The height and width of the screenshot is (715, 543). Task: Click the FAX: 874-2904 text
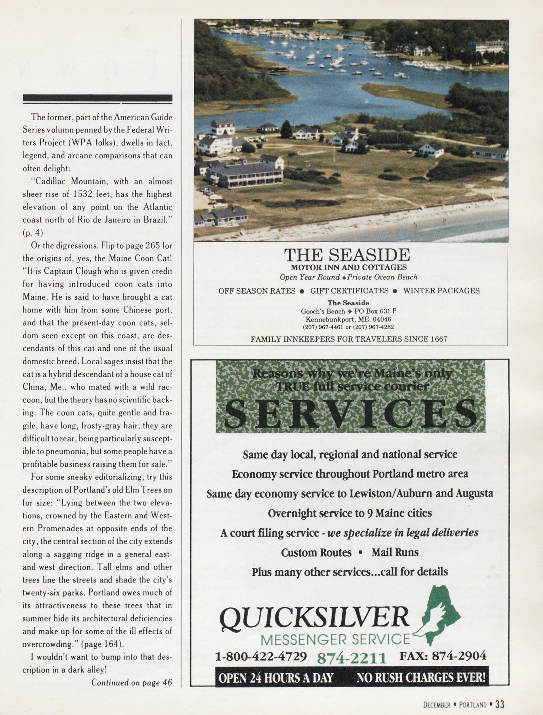coord(443,655)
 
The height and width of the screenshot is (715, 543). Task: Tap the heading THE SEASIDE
coord(347,255)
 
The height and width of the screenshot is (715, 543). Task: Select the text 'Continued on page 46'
coord(132,682)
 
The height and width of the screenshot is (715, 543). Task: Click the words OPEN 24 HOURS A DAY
coord(275,677)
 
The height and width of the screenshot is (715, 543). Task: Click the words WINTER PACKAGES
coord(441,291)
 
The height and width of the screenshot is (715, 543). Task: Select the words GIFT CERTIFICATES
coord(349,291)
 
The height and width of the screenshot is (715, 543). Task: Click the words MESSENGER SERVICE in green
coord(335,639)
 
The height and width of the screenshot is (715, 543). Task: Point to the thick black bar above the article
coord(97,98)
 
